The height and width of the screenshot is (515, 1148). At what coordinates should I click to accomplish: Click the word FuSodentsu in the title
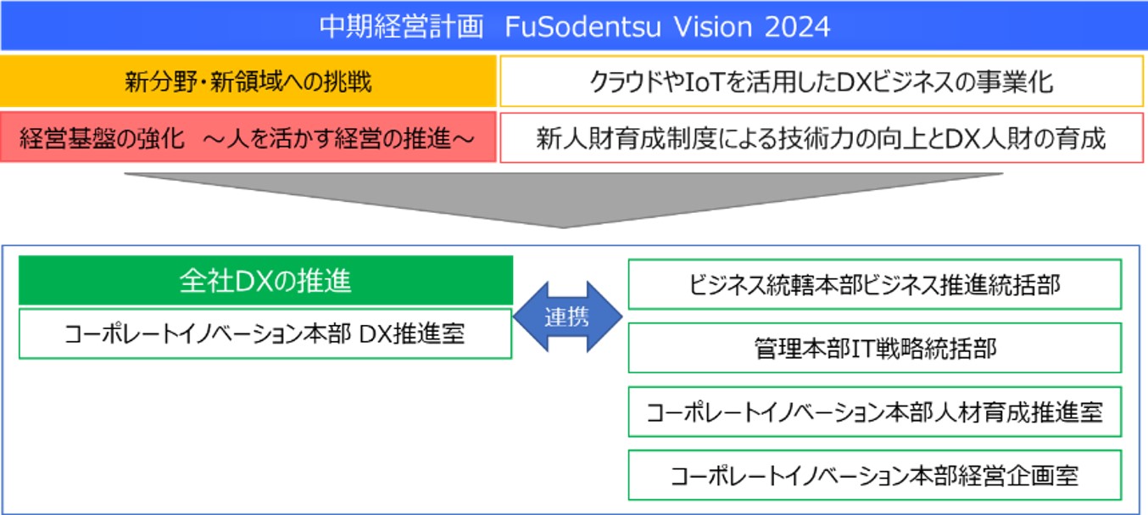coord(582,26)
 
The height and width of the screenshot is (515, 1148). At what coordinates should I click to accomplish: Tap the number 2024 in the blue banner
coord(797,26)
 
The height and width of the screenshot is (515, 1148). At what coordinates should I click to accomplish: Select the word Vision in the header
coord(713,26)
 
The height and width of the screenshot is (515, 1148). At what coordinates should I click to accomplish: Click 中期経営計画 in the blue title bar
coord(401,26)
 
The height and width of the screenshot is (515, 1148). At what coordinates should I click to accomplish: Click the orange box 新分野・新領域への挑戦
coord(248,81)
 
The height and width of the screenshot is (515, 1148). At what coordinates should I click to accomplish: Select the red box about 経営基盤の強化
coord(248,137)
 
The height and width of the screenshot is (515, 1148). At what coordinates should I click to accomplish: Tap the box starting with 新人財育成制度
coord(822,137)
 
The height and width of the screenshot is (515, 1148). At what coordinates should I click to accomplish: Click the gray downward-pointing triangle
coord(563,200)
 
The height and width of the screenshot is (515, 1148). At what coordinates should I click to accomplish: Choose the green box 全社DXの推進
coord(265,280)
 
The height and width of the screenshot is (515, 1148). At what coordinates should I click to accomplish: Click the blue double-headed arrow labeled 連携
coord(567,317)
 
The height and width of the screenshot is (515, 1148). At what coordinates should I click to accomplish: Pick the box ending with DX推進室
coord(265,333)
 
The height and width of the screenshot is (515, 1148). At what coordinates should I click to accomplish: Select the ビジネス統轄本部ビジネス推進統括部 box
coord(875,285)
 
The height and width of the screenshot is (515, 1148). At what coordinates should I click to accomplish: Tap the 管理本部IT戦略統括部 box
coord(875,348)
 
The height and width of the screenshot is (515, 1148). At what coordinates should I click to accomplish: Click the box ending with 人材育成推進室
coord(875,411)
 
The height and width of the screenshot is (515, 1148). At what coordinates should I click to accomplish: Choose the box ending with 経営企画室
coord(875,475)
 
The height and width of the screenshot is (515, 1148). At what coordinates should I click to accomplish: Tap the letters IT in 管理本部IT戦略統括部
coord(862,349)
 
